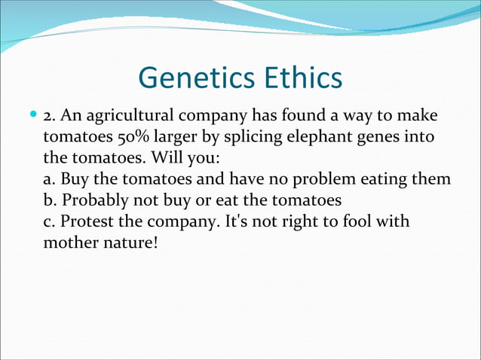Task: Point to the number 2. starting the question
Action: coord(51,117)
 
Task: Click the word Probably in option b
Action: coord(92,201)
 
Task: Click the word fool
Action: coord(358,223)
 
